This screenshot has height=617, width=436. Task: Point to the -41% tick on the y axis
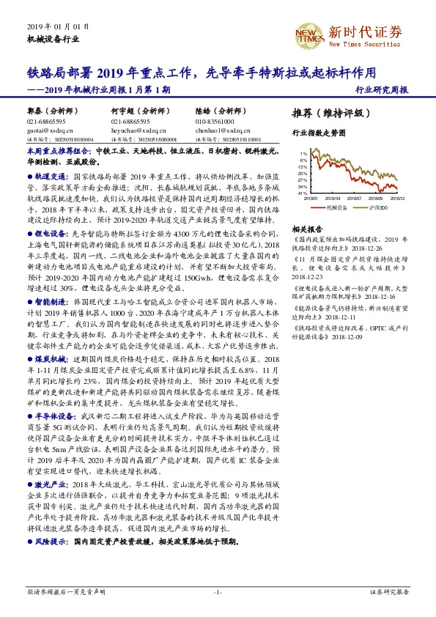coord(303,193)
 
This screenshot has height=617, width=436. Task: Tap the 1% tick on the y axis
coord(304,153)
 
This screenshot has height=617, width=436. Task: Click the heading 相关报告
coord(305,228)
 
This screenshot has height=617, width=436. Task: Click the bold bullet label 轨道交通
coord(52,177)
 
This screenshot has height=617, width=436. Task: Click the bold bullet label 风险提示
coord(52,541)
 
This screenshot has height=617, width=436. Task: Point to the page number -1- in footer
coord(218,591)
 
